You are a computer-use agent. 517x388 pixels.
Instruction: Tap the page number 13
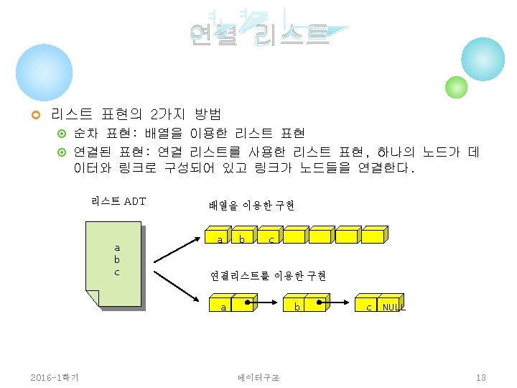click(x=481, y=377)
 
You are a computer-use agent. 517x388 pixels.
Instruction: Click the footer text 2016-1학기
click(x=55, y=377)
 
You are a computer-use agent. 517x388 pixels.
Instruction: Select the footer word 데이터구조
click(x=258, y=377)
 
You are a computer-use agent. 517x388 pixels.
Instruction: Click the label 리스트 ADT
click(x=118, y=200)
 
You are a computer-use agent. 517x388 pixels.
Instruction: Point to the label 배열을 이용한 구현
click(x=251, y=205)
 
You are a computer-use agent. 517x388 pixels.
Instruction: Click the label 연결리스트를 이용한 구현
click(x=268, y=275)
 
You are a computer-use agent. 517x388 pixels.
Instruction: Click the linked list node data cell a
click(x=223, y=307)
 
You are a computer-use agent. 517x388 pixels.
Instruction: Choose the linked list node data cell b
click(x=296, y=307)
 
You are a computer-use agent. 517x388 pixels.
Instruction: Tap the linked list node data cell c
click(x=368, y=307)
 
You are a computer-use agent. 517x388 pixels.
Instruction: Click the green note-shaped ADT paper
click(x=116, y=262)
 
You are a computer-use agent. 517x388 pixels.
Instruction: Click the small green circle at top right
click(x=456, y=87)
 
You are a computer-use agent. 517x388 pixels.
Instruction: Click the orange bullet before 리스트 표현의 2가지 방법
click(x=34, y=115)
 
